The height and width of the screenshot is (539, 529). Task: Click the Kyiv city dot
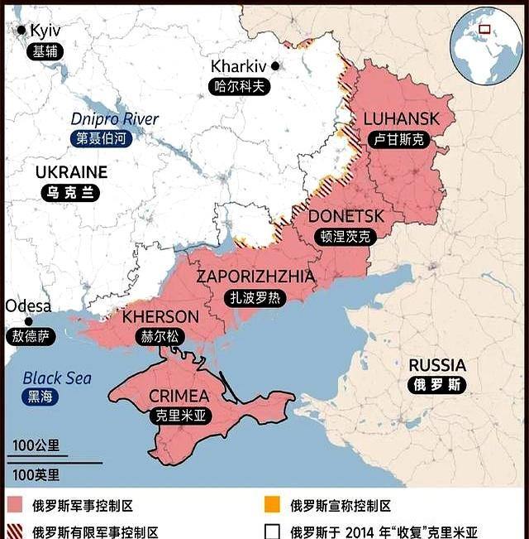(x=21, y=30)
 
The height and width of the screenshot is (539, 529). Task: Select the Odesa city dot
(x=29, y=321)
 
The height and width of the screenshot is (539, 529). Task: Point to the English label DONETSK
(x=346, y=216)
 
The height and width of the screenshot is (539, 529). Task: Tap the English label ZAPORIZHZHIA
(x=255, y=277)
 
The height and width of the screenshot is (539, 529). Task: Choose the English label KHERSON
(x=160, y=316)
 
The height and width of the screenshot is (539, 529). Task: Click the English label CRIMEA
(x=179, y=397)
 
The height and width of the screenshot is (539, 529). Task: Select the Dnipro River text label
(x=115, y=119)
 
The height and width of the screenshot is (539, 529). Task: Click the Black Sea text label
(x=56, y=378)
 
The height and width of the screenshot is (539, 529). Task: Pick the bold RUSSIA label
(x=437, y=365)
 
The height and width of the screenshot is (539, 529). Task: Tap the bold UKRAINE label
(x=71, y=172)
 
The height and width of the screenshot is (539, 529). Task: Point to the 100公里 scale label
(x=36, y=445)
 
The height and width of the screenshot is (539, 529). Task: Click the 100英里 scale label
(x=36, y=474)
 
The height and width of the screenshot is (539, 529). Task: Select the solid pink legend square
(x=16, y=505)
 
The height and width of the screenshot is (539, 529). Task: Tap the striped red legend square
(x=16, y=532)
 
